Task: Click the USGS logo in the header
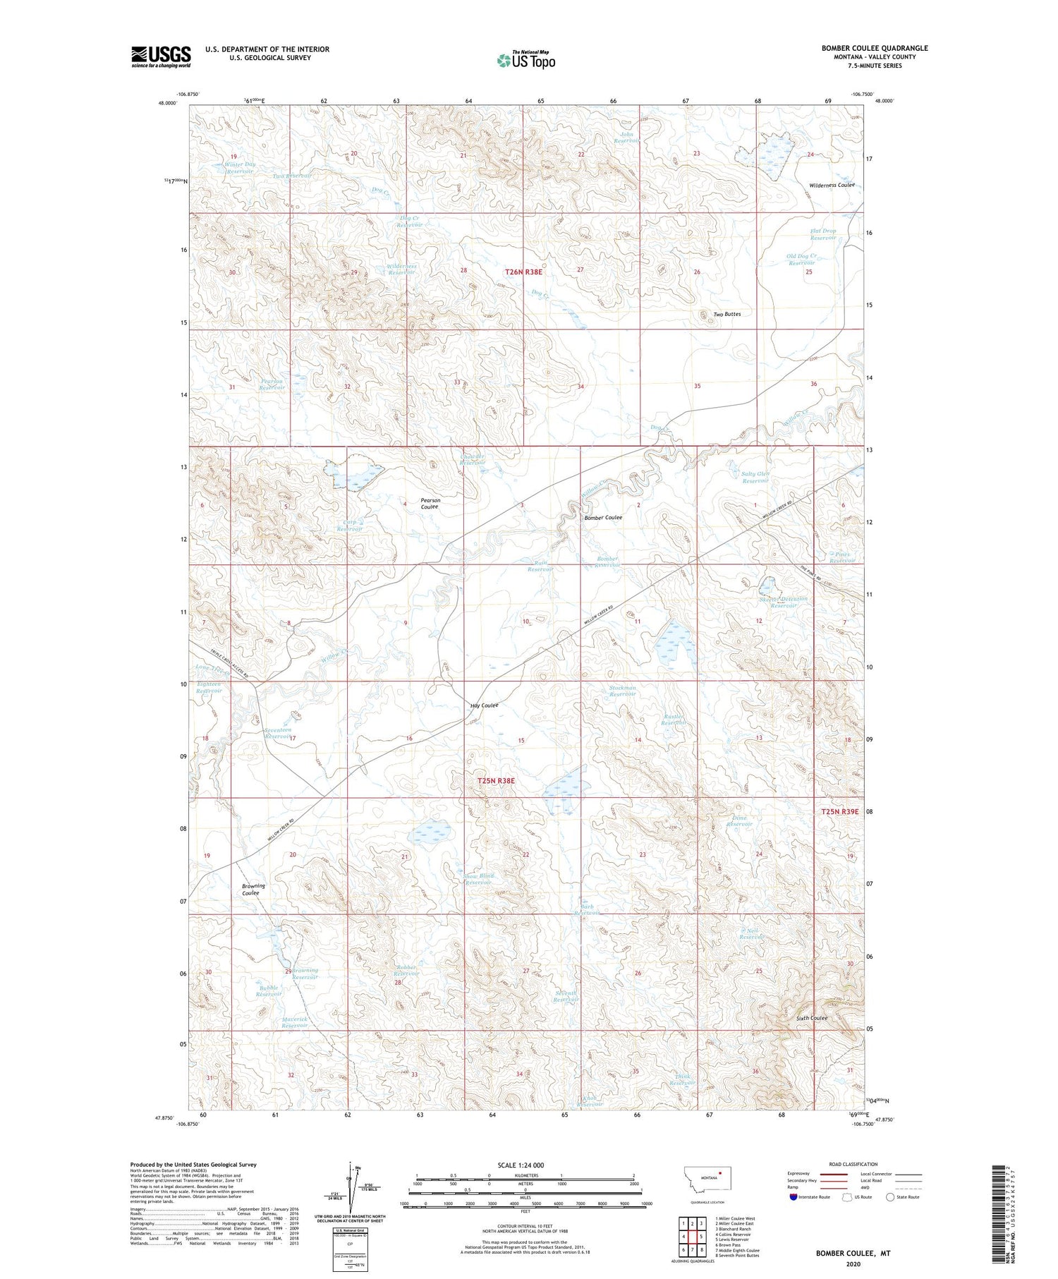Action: pyautogui.click(x=161, y=56)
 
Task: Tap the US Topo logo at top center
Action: pyautogui.click(x=526, y=61)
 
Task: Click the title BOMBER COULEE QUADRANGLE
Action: pyautogui.click(x=874, y=48)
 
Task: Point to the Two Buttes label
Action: pyautogui.click(x=726, y=314)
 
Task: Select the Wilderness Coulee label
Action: pyautogui.click(x=832, y=185)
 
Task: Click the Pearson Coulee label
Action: pyautogui.click(x=430, y=503)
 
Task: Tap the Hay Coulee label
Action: pyautogui.click(x=485, y=705)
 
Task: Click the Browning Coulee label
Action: pyautogui.click(x=253, y=889)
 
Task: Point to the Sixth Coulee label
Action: pyautogui.click(x=811, y=1018)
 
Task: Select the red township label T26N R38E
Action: pyautogui.click(x=528, y=271)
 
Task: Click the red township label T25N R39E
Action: pyautogui.click(x=839, y=811)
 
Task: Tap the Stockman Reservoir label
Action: pyautogui.click(x=622, y=691)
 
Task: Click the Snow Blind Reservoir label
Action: pyautogui.click(x=478, y=879)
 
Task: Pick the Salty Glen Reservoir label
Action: pyautogui.click(x=755, y=477)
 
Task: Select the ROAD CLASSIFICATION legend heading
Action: pyautogui.click(x=853, y=1164)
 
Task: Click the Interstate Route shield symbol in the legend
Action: pyautogui.click(x=793, y=1197)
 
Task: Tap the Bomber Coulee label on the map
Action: pyautogui.click(x=603, y=517)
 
